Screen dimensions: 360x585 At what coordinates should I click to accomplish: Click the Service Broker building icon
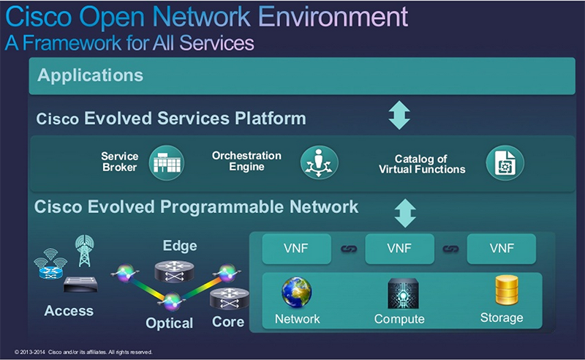tap(167, 162)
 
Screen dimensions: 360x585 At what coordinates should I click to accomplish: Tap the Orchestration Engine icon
tap(320, 162)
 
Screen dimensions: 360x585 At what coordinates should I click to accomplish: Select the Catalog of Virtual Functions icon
tap(505, 162)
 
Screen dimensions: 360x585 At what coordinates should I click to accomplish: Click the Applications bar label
tap(91, 75)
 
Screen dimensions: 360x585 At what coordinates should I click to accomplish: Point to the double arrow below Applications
tap(399, 115)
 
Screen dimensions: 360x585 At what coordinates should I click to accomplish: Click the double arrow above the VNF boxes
tap(404, 213)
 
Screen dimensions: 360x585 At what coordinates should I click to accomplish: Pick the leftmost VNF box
tap(296, 250)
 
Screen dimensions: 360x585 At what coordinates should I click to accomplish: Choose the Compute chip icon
tap(401, 293)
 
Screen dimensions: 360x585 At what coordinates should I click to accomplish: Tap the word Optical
tap(169, 323)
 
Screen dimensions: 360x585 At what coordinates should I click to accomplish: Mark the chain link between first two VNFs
tap(347, 250)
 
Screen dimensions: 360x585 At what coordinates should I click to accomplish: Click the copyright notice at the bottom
tap(83, 352)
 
